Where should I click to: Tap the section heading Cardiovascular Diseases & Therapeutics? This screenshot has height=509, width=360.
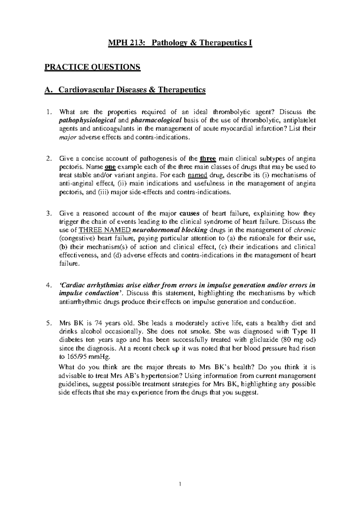click(x=132, y=90)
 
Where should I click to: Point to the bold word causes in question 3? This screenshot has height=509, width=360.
click(x=189, y=213)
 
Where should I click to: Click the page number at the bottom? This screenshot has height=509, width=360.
click(x=180, y=484)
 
